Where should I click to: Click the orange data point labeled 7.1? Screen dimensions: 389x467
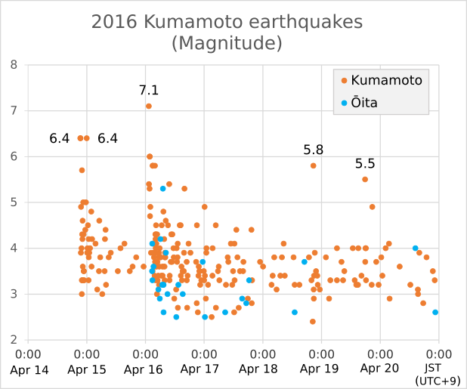(149, 107)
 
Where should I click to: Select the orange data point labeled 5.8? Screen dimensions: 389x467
(314, 165)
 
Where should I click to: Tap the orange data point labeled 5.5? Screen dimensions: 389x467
(365, 180)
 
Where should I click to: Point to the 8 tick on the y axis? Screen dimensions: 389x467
(14, 65)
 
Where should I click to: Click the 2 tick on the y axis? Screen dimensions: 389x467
(14, 340)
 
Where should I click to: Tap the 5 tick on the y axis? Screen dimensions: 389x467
(14, 202)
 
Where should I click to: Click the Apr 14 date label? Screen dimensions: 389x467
(29, 369)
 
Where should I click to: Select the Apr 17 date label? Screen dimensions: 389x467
(205, 369)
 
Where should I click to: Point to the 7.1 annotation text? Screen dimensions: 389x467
(149, 90)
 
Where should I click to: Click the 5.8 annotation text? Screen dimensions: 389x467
(314, 150)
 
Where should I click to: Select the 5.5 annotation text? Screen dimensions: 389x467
(365, 164)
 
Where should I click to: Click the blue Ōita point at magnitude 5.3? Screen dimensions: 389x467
(162, 188)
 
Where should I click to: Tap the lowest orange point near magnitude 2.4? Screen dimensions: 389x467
(313, 322)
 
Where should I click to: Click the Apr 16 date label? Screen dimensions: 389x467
(146, 369)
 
